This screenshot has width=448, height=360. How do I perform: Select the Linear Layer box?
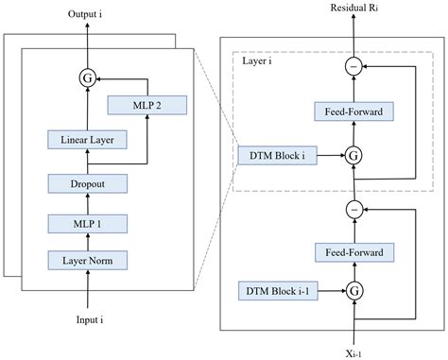tap(87, 140)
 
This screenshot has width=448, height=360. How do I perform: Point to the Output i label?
tap(87, 16)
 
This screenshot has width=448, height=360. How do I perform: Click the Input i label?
tap(87, 321)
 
